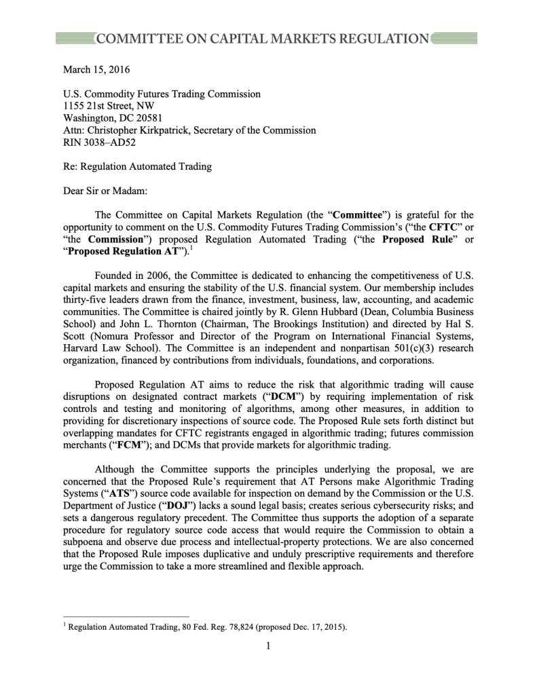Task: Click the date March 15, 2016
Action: click(x=96, y=69)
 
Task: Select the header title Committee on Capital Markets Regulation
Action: click(x=263, y=39)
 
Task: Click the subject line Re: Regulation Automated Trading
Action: click(x=137, y=167)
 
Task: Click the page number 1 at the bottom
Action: click(x=268, y=645)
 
